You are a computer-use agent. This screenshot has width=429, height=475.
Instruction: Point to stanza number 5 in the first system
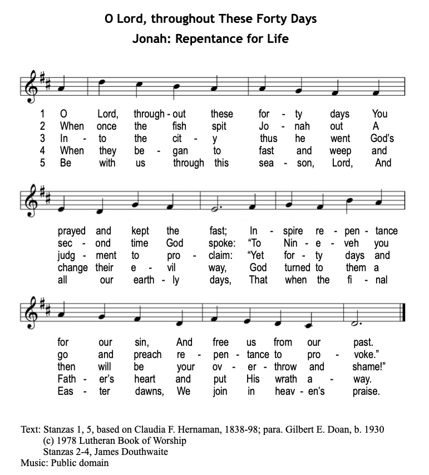coord(42,163)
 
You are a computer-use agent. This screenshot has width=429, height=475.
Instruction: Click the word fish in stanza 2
coord(179,126)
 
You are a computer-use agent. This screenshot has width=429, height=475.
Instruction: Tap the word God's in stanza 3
coord(382,139)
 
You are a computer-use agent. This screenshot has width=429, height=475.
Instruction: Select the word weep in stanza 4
coord(340,151)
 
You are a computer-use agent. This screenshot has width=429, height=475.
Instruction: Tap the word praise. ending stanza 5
coord(366,391)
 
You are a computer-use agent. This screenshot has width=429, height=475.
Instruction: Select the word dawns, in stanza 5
coord(147,391)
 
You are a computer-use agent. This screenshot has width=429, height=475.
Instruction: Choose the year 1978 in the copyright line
coord(69,440)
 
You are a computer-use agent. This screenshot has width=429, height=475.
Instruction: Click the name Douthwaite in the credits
coord(142,452)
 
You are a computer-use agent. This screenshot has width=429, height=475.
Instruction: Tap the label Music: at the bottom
coord(34,463)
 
